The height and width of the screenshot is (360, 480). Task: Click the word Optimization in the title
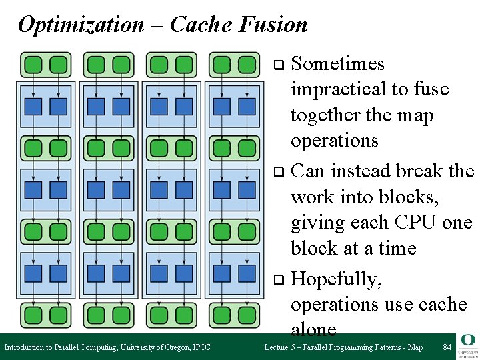[x=80, y=25]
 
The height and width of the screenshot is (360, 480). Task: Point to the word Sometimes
[x=338, y=64]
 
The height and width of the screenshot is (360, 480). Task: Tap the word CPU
[x=419, y=223]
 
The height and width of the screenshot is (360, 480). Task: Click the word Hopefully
[x=337, y=279]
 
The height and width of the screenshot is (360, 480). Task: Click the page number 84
[x=447, y=347]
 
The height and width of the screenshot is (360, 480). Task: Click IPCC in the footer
[x=201, y=347]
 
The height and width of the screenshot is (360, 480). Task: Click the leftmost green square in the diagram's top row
[x=33, y=65]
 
